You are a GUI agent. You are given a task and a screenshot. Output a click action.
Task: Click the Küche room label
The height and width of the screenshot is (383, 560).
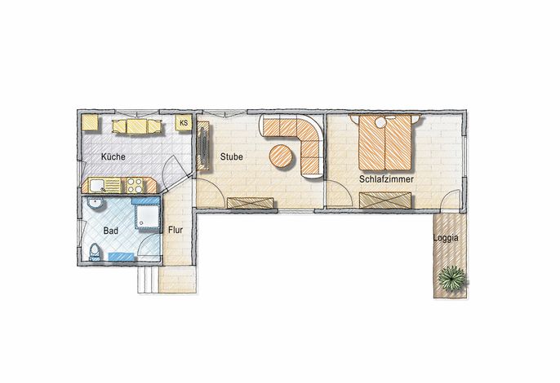pyautogui.click(x=113, y=156)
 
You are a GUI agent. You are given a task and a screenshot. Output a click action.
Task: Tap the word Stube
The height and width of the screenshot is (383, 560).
pyautogui.click(x=232, y=156)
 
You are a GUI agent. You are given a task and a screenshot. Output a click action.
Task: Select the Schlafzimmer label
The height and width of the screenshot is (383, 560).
pyautogui.click(x=386, y=179)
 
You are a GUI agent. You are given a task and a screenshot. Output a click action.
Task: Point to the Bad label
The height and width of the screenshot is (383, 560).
pyautogui.click(x=111, y=231)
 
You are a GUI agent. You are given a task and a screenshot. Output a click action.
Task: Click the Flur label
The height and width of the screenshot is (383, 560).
pyautogui.click(x=176, y=230)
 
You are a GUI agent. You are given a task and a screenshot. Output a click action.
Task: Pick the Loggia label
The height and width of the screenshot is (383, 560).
pyautogui.click(x=446, y=238)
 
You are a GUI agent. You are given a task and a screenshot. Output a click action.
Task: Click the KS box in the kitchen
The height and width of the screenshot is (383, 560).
pyautogui.click(x=184, y=123)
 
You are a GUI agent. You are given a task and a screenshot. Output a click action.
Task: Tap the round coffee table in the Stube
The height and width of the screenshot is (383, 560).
pyautogui.click(x=281, y=156)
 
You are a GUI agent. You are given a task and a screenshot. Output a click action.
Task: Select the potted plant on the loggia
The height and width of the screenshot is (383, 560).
pyautogui.click(x=452, y=279)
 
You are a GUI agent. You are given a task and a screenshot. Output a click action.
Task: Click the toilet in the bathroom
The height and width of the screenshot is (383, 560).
pyautogui.click(x=95, y=252)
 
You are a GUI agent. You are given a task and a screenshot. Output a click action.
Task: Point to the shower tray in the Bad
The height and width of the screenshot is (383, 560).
pyautogui.click(x=147, y=216)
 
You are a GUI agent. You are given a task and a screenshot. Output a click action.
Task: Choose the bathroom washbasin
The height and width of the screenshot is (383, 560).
pyautogui.click(x=96, y=203)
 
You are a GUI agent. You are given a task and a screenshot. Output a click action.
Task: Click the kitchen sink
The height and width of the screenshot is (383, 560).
pyautogui.click(x=97, y=186)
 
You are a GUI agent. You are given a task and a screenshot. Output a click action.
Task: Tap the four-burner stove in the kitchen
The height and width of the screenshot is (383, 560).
pyautogui.click(x=135, y=186)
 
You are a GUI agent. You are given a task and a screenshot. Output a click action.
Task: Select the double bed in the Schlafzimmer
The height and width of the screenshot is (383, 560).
pyautogui.click(x=385, y=143)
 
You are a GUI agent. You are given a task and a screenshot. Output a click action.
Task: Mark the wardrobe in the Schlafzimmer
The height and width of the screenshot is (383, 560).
pyautogui.click(x=385, y=200)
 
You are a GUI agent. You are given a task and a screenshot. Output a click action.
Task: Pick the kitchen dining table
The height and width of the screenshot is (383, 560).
pyautogui.click(x=137, y=126)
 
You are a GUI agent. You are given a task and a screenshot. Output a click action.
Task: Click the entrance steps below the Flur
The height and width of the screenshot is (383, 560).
pyautogui.click(x=148, y=280)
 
